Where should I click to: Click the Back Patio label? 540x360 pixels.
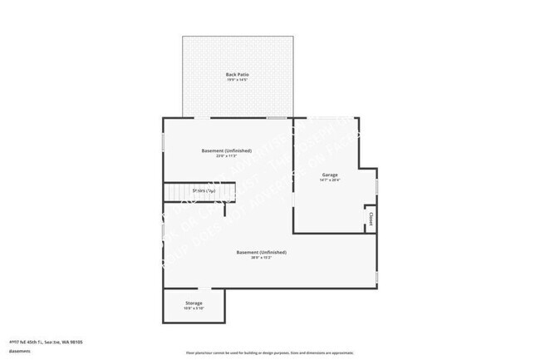238,75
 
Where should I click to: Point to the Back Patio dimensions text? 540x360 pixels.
238,81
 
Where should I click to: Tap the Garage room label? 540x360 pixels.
330,175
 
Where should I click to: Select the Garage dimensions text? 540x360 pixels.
330,180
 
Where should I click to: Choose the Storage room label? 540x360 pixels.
193,303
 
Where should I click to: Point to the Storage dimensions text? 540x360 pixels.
193,309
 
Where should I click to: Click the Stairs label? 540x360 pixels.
204,191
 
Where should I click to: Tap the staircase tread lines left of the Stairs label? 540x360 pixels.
176,193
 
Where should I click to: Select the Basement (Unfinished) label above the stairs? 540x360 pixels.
227,150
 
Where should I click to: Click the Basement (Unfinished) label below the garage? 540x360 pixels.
262,252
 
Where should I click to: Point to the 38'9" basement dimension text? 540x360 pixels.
262,258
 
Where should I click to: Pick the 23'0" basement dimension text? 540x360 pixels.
227,156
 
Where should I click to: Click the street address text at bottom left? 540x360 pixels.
46,341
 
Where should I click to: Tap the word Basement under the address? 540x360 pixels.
21,350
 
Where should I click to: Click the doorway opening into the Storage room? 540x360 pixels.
204,288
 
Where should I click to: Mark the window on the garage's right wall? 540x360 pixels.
376,186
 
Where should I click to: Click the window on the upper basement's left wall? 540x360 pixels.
163,141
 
